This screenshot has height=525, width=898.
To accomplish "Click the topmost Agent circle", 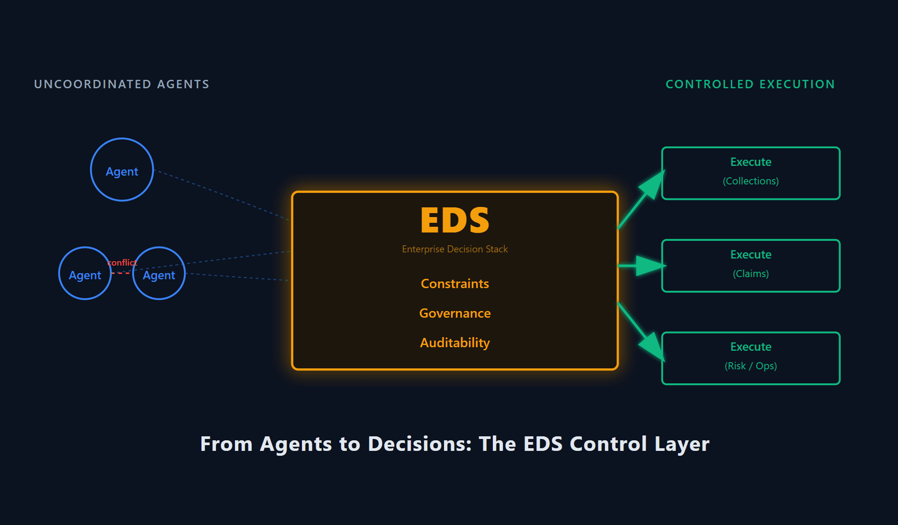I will (x=122, y=170).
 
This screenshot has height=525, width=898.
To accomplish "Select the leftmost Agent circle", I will (x=85, y=274).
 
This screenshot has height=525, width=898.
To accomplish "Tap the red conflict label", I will (x=122, y=262).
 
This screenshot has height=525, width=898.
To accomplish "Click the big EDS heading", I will (x=455, y=220).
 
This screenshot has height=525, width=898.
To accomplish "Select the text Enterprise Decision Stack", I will (x=455, y=249).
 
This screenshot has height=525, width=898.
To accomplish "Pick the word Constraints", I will (x=455, y=284).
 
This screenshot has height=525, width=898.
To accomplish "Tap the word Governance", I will (x=455, y=313).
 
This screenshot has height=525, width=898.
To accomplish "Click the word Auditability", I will (x=455, y=343).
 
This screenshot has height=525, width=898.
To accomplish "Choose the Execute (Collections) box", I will (x=750, y=173).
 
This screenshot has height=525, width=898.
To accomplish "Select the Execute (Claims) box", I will (x=750, y=266).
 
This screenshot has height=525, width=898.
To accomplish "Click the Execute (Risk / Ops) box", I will (x=750, y=358).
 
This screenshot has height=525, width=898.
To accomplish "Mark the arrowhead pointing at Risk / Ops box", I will (x=652, y=346).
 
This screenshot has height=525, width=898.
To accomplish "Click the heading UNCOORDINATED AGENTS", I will (x=122, y=84).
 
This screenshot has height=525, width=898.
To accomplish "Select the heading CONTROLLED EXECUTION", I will (x=750, y=84).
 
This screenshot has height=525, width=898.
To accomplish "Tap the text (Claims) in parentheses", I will (x=750, y=274).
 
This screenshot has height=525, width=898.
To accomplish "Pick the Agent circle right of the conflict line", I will (x=159, y=274).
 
